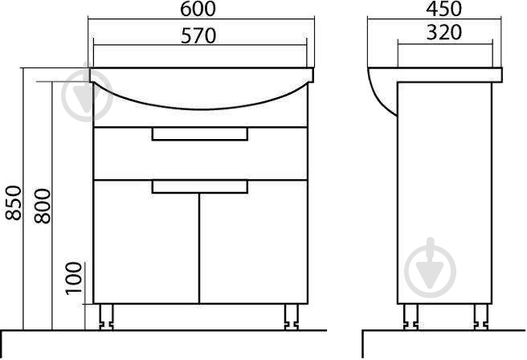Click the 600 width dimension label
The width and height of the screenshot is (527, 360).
click(x=198, y=9)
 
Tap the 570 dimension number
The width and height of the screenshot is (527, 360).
click(x=198, y=36)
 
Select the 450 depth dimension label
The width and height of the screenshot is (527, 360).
click(x=444, y=9)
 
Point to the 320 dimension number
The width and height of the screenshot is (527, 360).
click(x=444, y=33)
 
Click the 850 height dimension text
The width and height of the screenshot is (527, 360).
click(x=14, y=202)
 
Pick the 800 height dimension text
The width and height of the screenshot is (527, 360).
click(x=43, y=206)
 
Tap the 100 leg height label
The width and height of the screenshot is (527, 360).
click(x=74, y=279)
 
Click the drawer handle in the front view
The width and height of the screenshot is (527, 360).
click(x=200, y=133)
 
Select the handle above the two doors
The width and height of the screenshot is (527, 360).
click(x=200, y=187)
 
